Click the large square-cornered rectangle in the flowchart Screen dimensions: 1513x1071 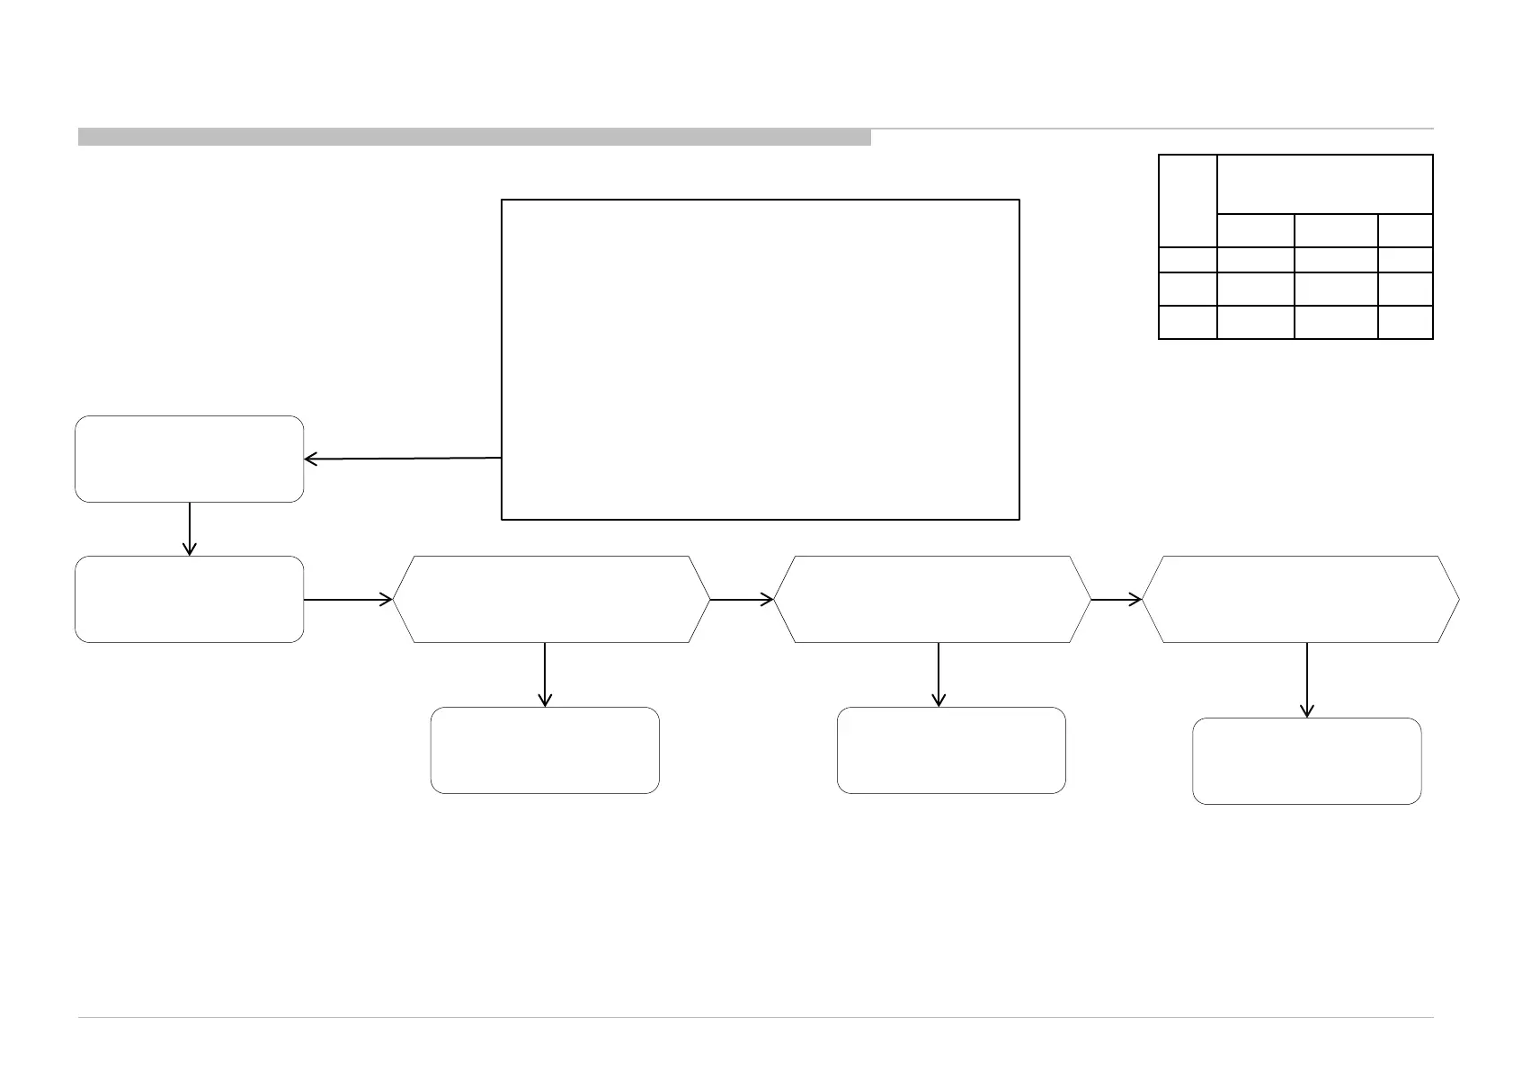coord(760,359)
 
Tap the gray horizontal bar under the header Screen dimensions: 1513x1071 coord(474,137)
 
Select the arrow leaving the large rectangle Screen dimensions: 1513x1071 coord(402,459)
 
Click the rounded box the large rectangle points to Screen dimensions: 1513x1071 coord(189,459)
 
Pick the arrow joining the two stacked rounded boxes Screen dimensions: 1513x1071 coord(190,529)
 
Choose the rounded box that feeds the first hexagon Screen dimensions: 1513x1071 coord(189,599)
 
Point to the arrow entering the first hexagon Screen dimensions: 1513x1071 coord(348,599)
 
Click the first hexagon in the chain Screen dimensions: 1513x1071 coord(551,599)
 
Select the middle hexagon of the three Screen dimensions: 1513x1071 coord(931,599)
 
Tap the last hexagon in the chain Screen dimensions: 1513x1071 coord(1300,599)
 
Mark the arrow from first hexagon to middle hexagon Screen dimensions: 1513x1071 coord(742,599)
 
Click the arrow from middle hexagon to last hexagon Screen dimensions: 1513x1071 coord(1117,599)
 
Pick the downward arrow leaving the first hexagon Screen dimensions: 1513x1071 coord(545,674)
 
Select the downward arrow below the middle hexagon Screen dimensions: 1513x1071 coord(939,674)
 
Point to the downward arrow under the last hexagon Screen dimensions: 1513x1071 coord(1306,680)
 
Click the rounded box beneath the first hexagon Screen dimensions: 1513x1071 coord(545,750)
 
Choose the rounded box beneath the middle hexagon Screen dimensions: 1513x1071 coord(951,750)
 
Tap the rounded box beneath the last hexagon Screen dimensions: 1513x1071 coord(1306,761)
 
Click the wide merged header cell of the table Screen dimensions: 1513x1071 coord(1324,184)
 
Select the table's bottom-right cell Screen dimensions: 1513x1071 coord(1405,322)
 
